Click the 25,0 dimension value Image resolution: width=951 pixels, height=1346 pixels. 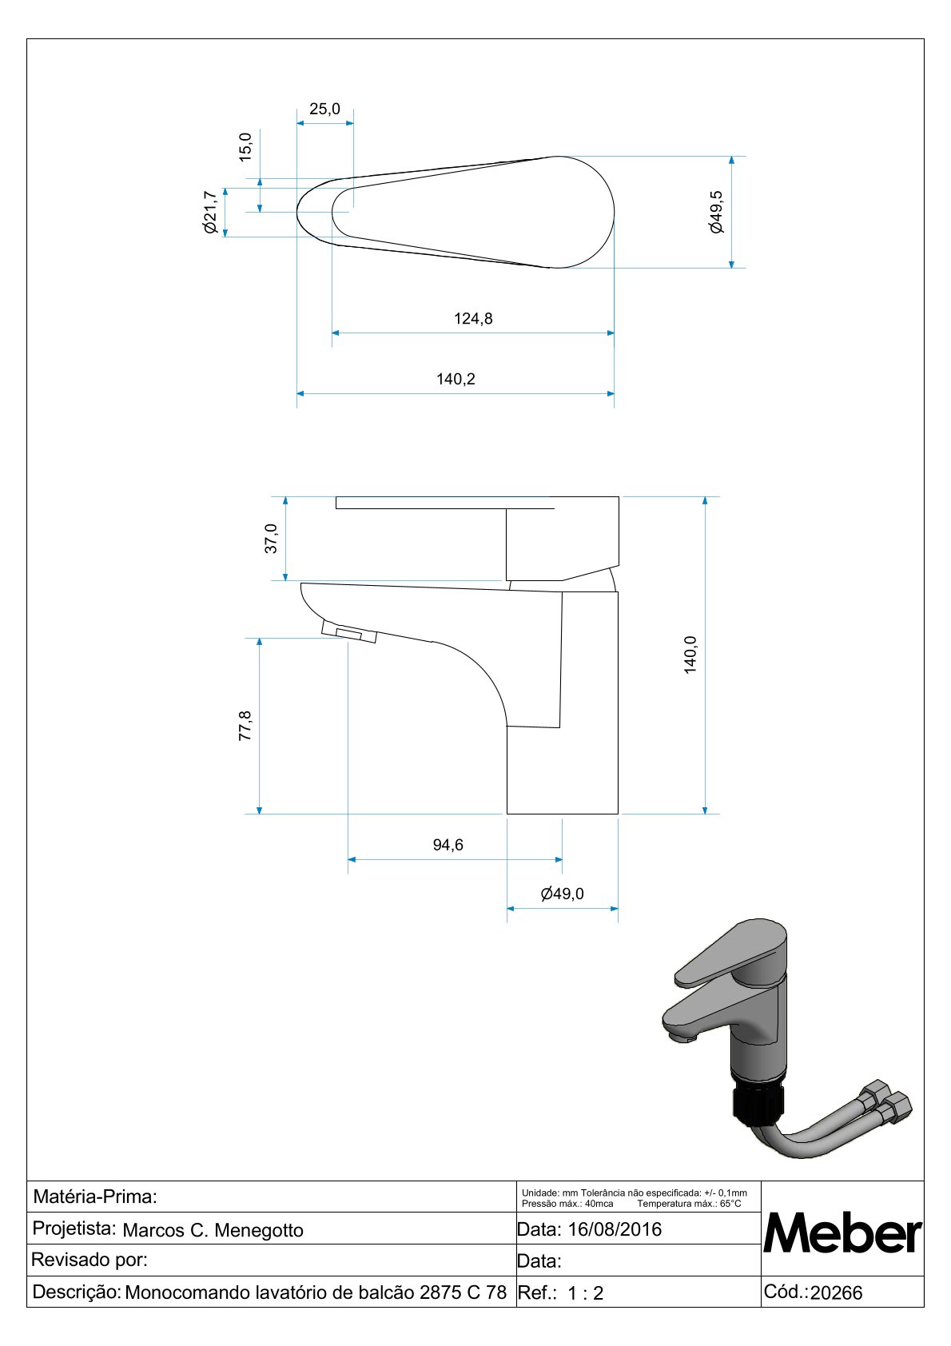tap(324, 109)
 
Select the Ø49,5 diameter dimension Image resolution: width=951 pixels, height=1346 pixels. tap(716, 212)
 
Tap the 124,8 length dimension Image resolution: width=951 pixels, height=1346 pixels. tap(473, 318)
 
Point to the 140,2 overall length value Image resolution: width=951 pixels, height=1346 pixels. tap(456, 379)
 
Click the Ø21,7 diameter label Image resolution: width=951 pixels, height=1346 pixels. tap(209, 212)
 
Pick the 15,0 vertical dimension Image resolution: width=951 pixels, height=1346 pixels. tap(245, 147)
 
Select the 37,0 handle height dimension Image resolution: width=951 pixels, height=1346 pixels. tap(271, 539)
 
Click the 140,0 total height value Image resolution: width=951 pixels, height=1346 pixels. tap(690, 655)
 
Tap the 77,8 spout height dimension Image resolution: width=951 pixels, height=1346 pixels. tap(245, 726)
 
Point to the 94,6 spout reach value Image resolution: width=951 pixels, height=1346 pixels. tap(448, 845)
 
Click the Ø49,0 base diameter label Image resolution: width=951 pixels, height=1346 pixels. tap(563, 894)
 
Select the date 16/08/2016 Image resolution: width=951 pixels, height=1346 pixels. tap(615, 1229)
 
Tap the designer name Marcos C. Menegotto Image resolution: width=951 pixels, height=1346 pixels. tap(213, 1231)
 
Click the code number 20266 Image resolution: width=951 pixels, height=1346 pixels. tap(836, 1292)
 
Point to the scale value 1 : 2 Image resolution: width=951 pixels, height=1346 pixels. tap(585, 1292)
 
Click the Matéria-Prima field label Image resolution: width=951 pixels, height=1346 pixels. tap(95, 1197)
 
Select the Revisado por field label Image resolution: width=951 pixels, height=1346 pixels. tap(90, 1260)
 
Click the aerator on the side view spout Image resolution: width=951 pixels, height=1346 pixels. tap(349, 631)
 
